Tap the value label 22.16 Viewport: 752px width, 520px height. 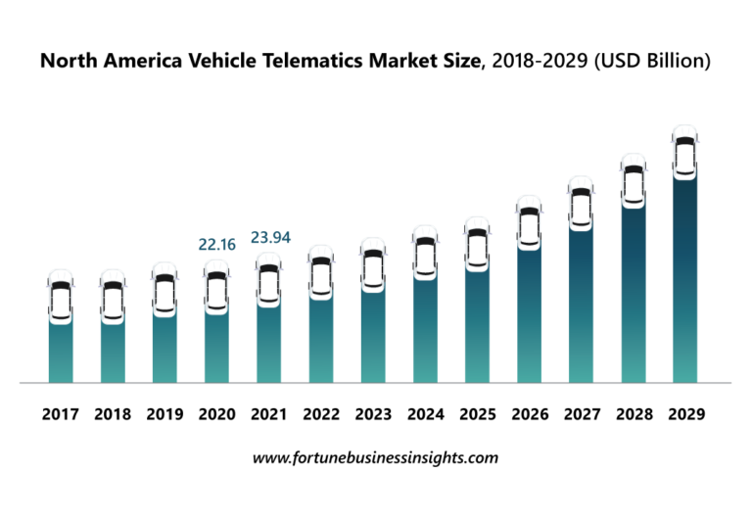coord(217,245)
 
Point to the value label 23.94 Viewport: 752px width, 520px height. coord(270,237)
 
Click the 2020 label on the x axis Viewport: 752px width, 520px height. coord(216,414)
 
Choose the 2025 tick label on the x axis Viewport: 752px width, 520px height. coord(477,414)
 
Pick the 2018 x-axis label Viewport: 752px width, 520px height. coord(113,414)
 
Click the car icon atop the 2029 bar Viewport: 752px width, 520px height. coord(684,152)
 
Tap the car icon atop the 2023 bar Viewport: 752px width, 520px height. coord(373,263)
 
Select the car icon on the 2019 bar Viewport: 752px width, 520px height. coord(164,289)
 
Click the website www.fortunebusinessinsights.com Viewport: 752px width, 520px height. coord(375,457)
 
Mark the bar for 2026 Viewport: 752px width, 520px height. coord(529,313)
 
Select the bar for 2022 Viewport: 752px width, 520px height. coord(321,338)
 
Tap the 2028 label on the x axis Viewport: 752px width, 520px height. coord(633,414)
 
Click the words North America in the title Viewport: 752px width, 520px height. coord(104,62)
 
